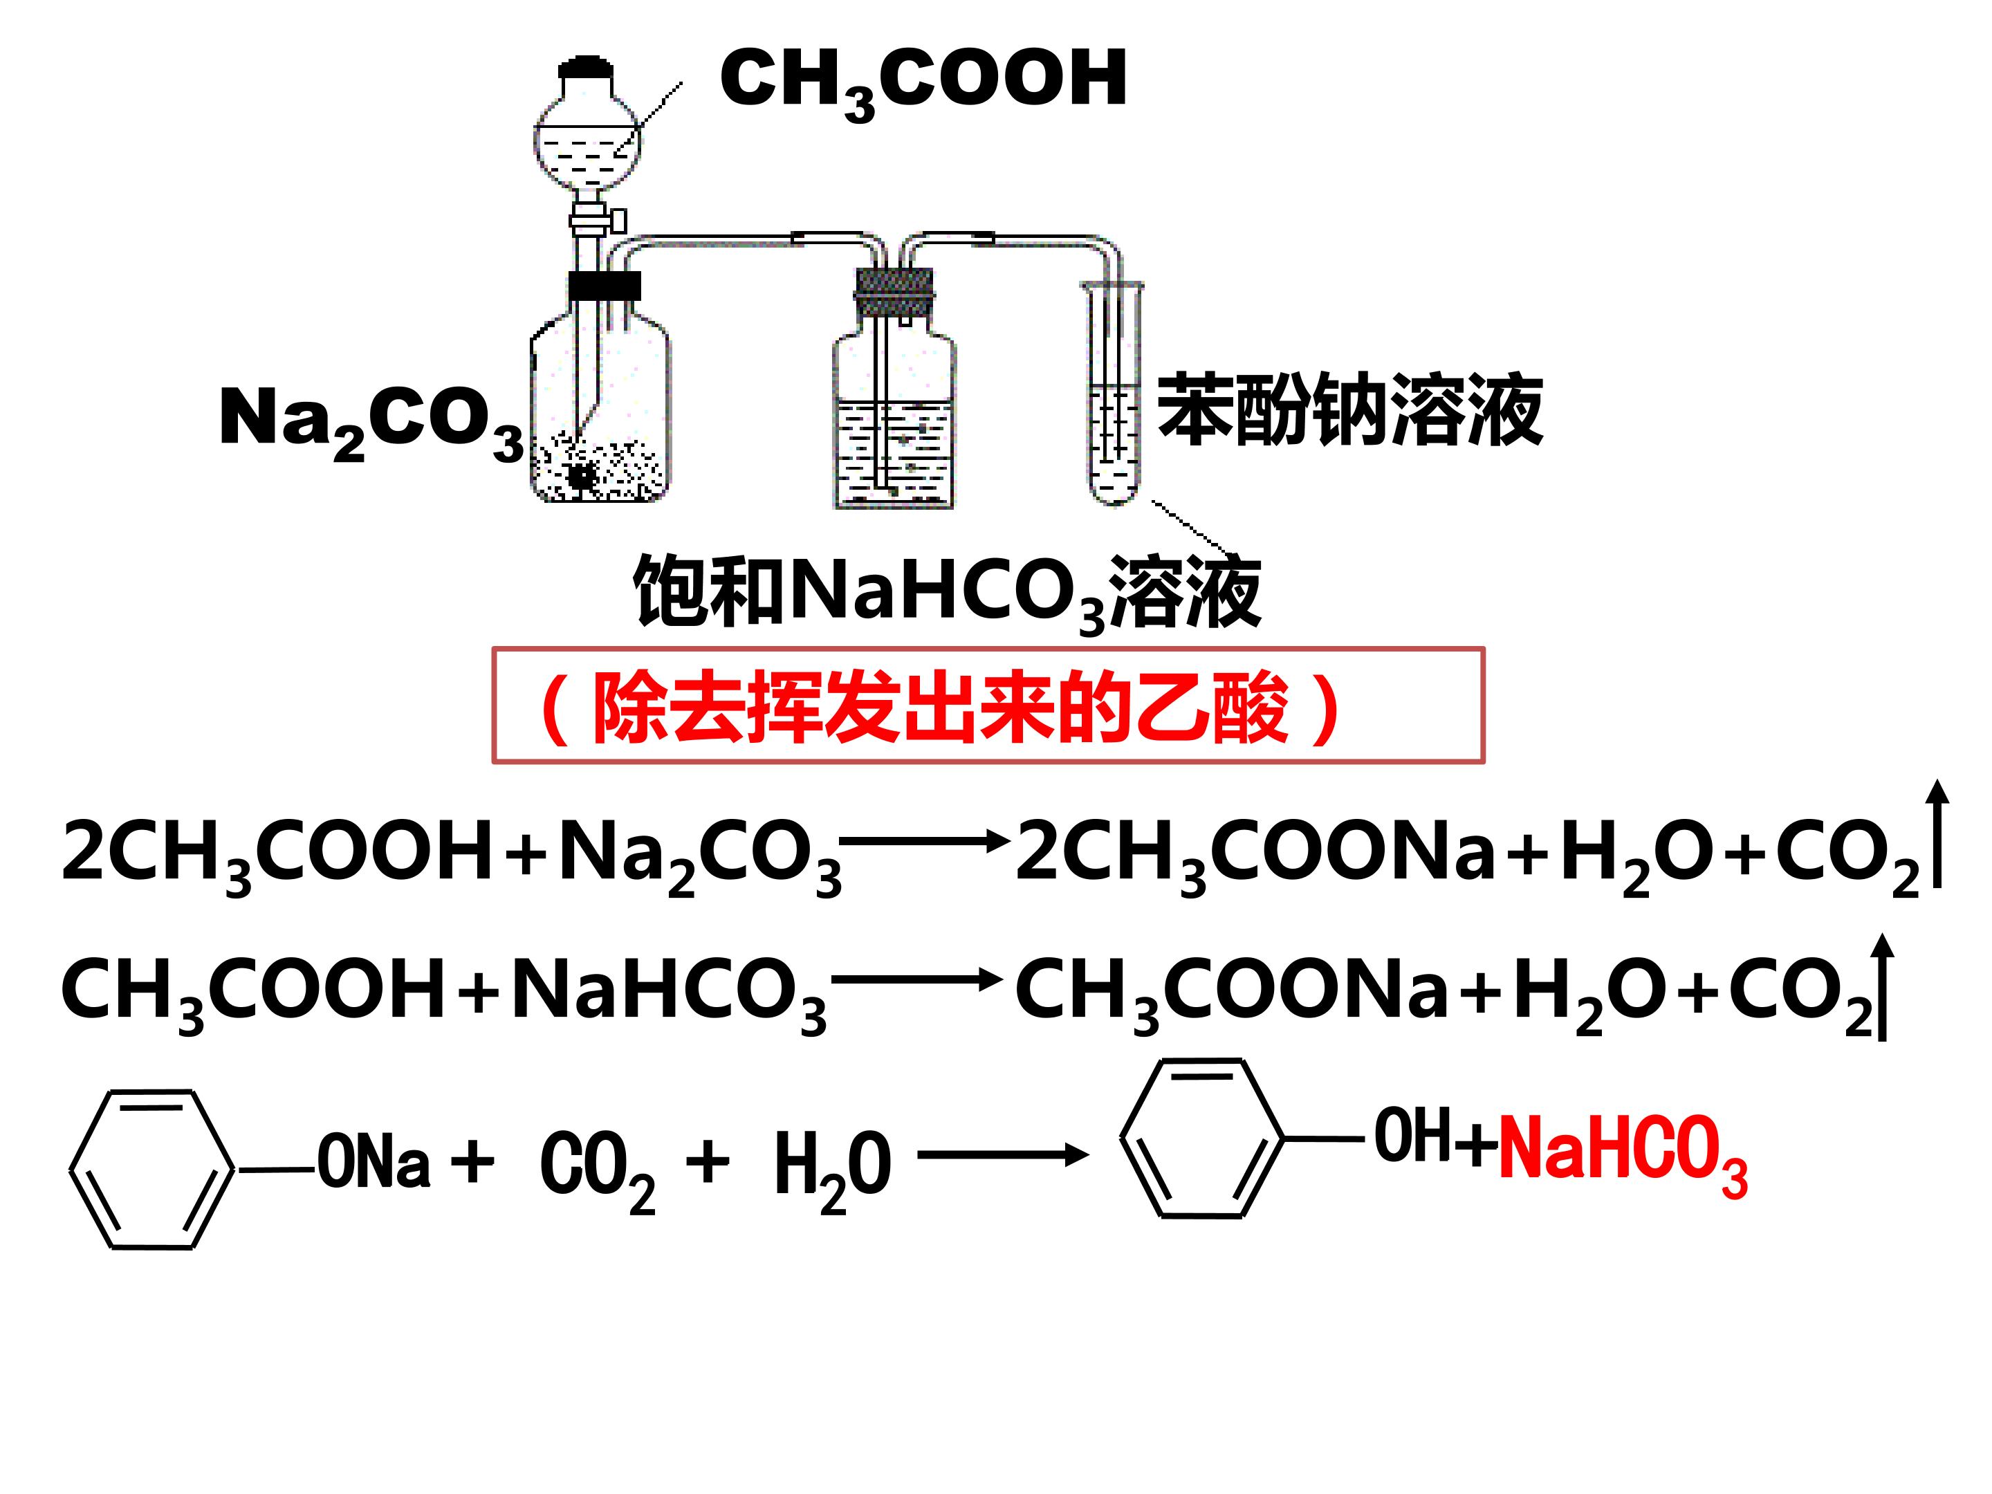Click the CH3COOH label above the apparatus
click(923, 83)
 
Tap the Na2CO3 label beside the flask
click(371, 423)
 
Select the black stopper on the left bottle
click(605, 286)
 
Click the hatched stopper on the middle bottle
click(894, 292)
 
